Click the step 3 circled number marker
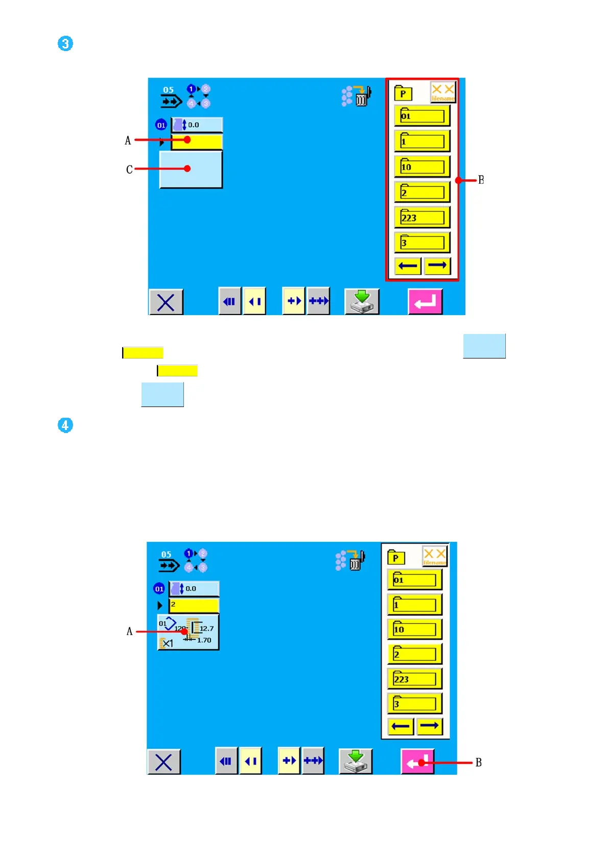65,43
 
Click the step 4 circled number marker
65,425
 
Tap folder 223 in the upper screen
422,218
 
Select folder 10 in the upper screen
422,167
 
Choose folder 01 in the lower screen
414,580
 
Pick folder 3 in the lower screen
414,704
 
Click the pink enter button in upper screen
425,302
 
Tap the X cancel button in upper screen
166,302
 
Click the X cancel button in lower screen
163,762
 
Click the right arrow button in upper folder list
437,266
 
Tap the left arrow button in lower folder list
401,726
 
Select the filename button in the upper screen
442,92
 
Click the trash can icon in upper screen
362,97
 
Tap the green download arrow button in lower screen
356,761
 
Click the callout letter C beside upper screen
129,170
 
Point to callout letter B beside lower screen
479,762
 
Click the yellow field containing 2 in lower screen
194,605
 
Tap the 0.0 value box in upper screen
197,125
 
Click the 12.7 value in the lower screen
206,629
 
